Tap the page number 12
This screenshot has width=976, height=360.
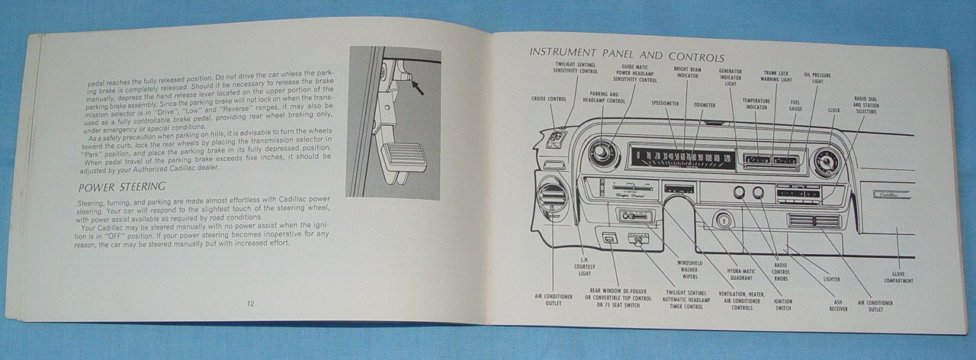pyautogui.click(x=251, y=304)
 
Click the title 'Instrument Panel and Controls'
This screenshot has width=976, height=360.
pyautogui.click(x=626, y=55)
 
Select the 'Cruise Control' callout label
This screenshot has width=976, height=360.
pyautogui.click(x=549, y=98)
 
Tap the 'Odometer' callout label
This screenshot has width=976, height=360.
pyautogui.click(x=705, y=104)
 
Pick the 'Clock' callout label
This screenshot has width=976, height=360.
pyautogui.click(x=834, y=110)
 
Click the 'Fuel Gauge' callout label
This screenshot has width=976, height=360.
pyautogui.click(x=795, y=104)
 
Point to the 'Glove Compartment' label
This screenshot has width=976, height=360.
pyautogui.click(x=898, y=278)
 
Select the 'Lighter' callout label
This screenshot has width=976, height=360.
pyautogui.click(x=831, y=279)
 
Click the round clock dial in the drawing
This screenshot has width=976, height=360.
pyautogui.click(x=824, y=162)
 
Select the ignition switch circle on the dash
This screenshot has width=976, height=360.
pyautogui.click(x=723, y=221)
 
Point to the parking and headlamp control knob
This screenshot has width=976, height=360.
pyautogui.click(x=599, y=153)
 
